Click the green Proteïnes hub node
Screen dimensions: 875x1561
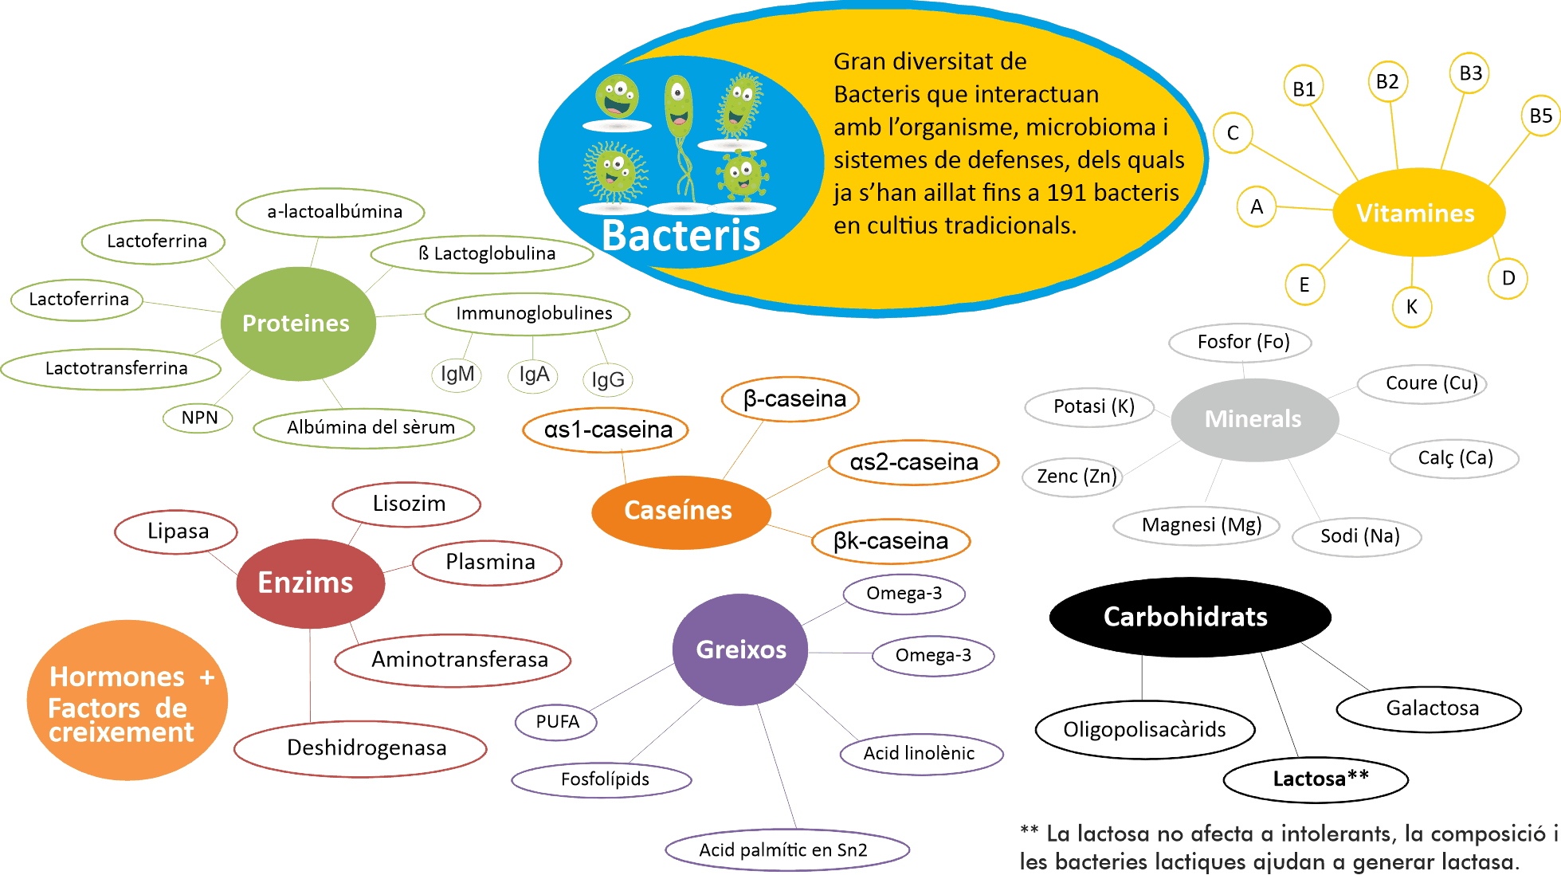point(297,323)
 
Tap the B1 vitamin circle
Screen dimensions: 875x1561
point(1304,88)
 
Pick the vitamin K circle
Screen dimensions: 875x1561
point(1412,307)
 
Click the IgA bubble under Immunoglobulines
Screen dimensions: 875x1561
point(533,375)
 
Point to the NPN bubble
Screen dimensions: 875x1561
point(198,418)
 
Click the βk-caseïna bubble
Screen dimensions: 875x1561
point(891,542)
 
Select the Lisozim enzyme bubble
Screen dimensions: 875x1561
point(407,504)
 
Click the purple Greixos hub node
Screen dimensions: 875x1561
point(741,649)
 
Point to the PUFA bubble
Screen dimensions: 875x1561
point(556,722)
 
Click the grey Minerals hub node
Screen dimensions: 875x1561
point(1253,419)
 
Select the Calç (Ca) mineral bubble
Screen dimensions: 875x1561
point(1455,458)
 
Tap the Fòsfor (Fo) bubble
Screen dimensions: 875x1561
point(1241,343)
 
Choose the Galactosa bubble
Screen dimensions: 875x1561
point(1430,708)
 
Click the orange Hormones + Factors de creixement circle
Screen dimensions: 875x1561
point(127,701)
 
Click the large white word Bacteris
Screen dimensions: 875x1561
point(680,236)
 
